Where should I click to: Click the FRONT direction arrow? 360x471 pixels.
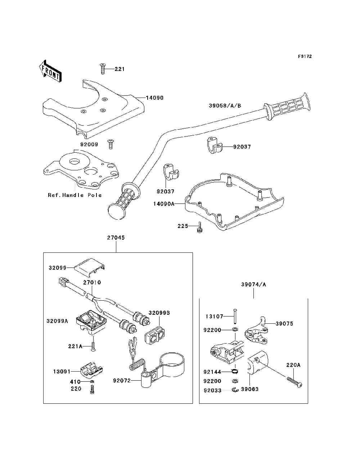(x=51, y=71)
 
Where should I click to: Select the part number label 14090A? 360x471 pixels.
(x=164, y=204)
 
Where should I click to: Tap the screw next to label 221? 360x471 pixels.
(x=103, y=69)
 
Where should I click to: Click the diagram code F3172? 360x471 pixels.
(x=305, y=57)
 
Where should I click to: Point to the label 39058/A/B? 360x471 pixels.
(x=225, y=106)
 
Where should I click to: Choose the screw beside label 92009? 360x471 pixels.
(x=111, y=144)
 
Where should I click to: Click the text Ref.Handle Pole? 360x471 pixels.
(x=75, y=195)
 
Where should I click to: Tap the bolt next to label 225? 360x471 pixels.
(x=200, y=228)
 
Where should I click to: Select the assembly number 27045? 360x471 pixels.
(x=116, y=238)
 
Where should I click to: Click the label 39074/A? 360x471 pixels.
(x=253, y=284)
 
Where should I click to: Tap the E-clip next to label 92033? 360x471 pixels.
(x=235, y=390)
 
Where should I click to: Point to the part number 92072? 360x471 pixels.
(x=122, y=381)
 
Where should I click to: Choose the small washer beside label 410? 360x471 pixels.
(x=92, y=381)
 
